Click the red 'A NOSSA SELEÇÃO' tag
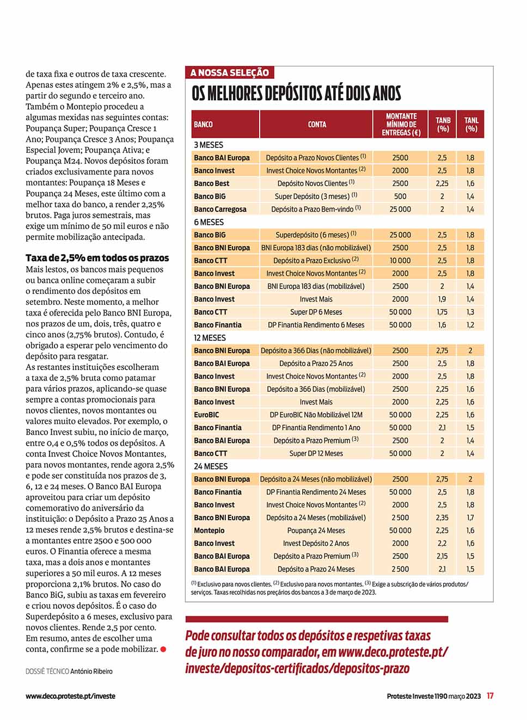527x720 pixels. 230,72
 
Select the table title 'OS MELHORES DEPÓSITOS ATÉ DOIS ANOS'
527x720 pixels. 296,94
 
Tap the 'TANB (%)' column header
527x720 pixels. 443,125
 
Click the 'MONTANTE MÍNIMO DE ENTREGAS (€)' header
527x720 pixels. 401,125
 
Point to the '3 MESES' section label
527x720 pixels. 209,145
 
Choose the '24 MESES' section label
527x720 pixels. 211,466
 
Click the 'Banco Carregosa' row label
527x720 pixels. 220,209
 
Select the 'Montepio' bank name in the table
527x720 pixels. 209,531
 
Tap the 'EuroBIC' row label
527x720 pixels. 206,415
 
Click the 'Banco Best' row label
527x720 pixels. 212,183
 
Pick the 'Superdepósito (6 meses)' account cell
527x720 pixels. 316,235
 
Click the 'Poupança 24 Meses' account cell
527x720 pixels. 316,531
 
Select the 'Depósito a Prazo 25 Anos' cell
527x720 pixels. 316,364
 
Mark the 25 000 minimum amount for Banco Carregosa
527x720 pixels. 400,209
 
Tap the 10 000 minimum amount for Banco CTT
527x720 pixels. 400,261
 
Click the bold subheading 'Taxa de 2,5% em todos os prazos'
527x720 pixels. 97,258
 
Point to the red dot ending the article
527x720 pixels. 163,649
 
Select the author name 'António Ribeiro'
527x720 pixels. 91,672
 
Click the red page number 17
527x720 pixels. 490,696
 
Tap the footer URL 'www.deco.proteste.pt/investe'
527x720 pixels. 70,696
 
